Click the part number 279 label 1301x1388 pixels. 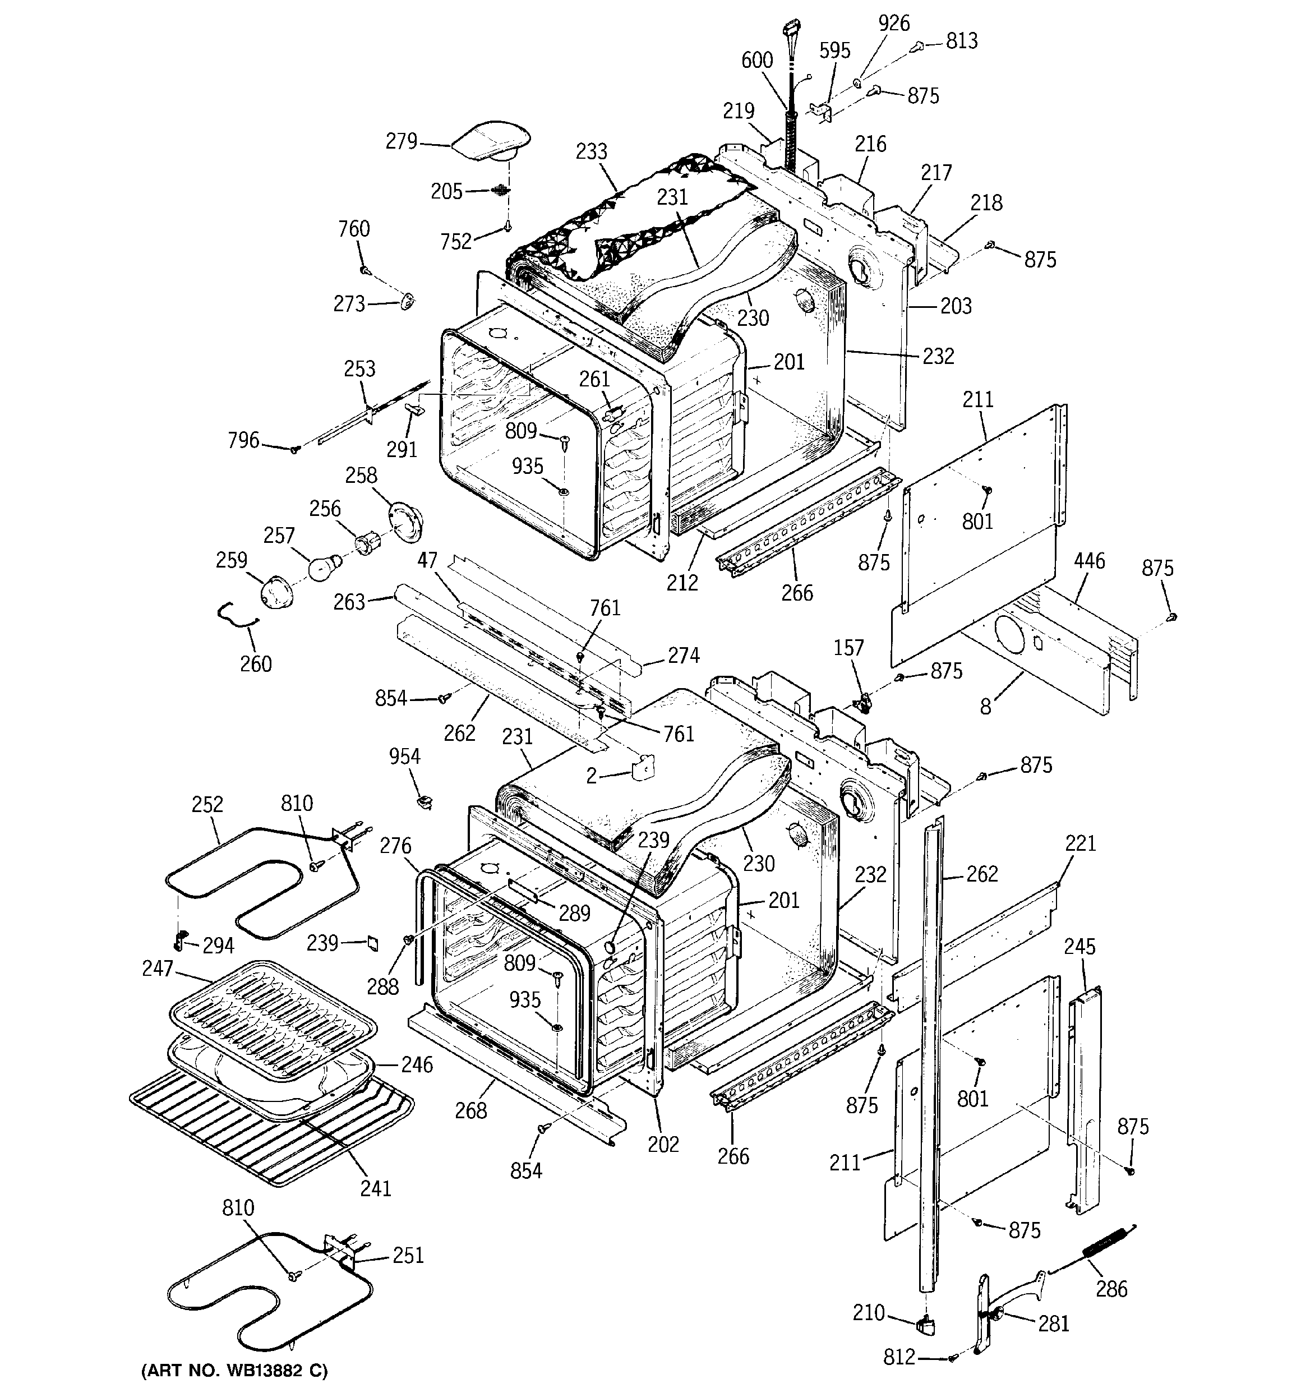click(401, 142)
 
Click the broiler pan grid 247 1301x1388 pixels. click(273, 1012)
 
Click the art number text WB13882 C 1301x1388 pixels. click(234, 1371)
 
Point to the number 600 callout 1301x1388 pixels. click(757, 60)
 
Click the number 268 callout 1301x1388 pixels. click(470, 1110)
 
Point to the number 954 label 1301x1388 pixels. click(404, 757)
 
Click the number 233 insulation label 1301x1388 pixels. click(592, 151)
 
